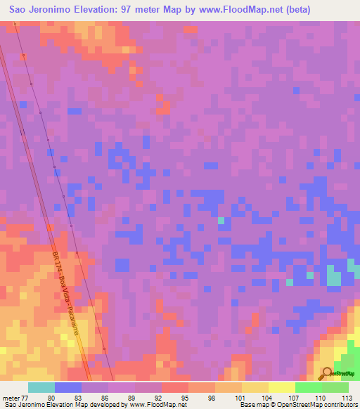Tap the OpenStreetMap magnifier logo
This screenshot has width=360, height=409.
click(x=327, y=374)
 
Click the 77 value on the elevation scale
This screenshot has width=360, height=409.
click(x=27, y=397)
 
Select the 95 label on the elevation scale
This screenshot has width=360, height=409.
click(x=164, y=397)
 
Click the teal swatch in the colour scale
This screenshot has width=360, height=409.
click(x=41, y=387)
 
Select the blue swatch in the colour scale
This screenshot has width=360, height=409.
click(x=68, y=387)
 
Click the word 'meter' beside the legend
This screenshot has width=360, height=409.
click(x=11, y=397)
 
